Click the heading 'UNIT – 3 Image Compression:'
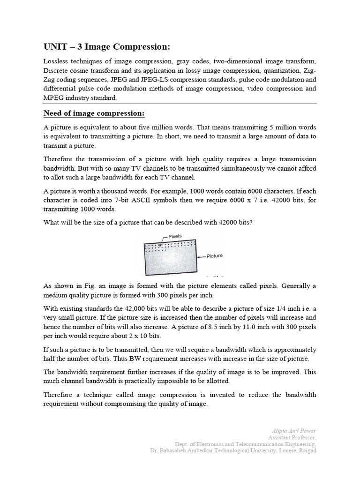(107, 47)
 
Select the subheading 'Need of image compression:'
(94, 114)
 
